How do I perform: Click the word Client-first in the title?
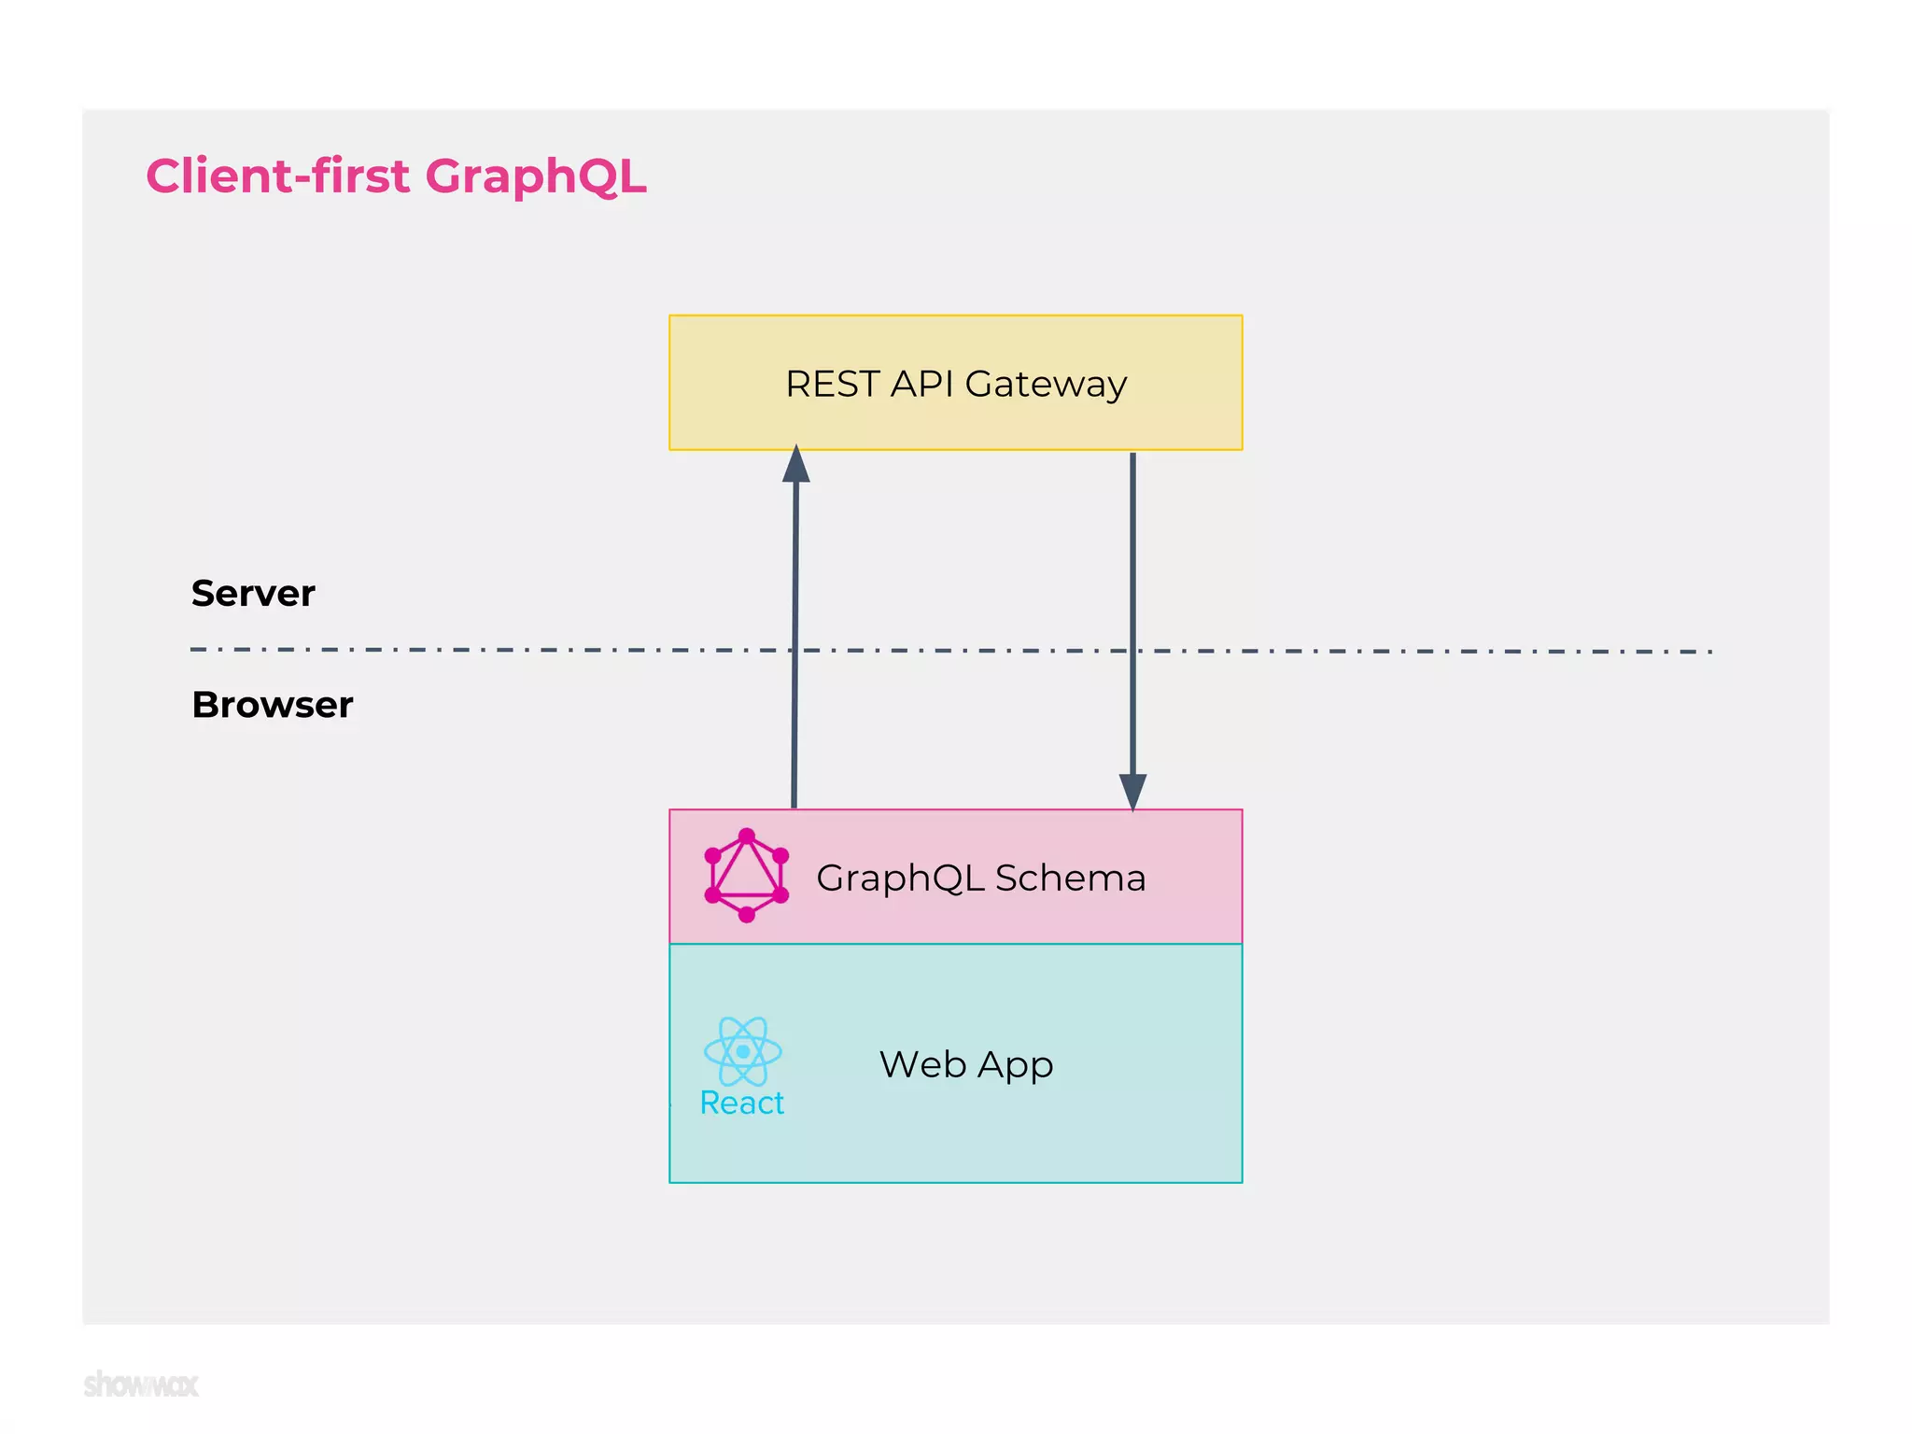277,176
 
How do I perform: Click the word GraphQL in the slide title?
535,177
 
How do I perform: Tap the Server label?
253,594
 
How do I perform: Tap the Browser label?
272,705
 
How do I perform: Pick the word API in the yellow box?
921,385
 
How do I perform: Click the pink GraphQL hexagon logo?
746,876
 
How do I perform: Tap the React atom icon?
742,1051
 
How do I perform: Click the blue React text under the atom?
742,1104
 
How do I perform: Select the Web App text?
966,1064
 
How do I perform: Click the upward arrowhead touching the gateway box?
795,464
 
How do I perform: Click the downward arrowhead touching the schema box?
1132,792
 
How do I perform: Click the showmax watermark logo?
141,1384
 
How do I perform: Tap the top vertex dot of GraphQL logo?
746,836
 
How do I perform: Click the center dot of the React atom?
743,1051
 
